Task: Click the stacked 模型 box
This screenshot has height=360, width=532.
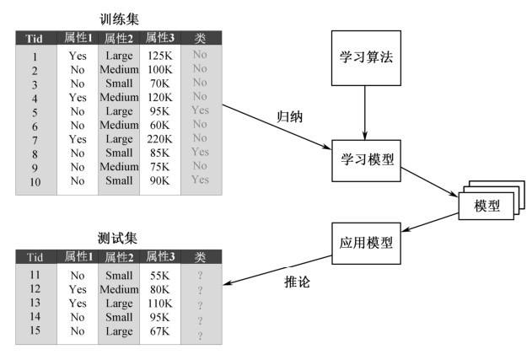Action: tap(486, 206)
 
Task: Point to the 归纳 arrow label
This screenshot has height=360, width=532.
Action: tap(289, 117)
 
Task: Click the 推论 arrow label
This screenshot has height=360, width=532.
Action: tap(297, 282)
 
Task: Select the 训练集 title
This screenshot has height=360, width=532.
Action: tap(117, 19)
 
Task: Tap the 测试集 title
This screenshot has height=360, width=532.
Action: tap(117, 238)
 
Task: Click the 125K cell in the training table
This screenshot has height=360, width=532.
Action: tap(159, 56)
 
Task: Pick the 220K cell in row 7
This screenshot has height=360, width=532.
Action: tap(159, 138)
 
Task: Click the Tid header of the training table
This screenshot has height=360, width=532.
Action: tap(35, 37)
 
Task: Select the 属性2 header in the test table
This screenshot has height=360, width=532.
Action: tap(118, 256)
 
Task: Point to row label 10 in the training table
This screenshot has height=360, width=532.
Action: tap(35, 180)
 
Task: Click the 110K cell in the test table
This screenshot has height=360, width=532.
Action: tap(159, 303)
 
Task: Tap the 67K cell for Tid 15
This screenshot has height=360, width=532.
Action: tap(159, 331)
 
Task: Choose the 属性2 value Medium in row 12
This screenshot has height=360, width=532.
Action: tap(118, 288)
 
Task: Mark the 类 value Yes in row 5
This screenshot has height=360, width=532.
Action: tap(200, 110)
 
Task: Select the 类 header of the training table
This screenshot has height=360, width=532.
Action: tap(200, 37)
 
